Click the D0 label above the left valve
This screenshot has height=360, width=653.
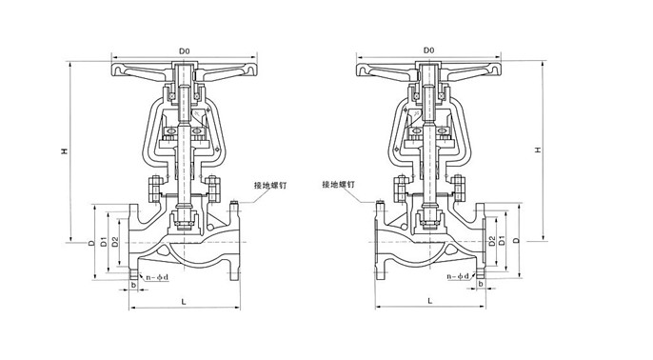185,51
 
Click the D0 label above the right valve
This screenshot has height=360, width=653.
429,50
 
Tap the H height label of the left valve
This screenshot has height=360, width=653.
65,151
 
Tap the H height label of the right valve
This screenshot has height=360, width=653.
538,150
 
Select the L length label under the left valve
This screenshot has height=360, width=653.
184,301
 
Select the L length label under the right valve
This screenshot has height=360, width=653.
430,300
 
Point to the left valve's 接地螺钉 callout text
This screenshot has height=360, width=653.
270,186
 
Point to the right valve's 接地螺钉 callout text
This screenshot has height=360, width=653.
339,184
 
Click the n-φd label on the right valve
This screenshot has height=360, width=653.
458,276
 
